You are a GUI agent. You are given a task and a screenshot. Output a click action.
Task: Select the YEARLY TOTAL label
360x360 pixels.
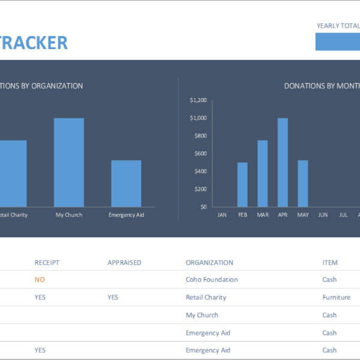[338, 26]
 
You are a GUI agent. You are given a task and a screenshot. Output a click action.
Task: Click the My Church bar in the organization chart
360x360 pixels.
[69, 162]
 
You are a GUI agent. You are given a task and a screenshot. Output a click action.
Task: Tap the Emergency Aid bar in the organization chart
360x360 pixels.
[126, 183]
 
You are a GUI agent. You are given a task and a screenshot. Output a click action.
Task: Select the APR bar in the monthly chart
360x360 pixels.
[283, 162]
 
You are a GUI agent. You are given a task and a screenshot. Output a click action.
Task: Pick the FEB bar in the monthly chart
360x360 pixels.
[242, 184]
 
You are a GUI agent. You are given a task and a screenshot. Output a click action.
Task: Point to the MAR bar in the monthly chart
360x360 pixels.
[262, 173]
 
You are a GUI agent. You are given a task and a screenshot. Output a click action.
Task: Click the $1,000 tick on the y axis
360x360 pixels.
[198, 118]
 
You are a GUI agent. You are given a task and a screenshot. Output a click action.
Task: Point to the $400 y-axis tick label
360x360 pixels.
[199, 171]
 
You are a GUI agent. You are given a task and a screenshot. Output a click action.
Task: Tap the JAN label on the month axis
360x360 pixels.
[222, 214]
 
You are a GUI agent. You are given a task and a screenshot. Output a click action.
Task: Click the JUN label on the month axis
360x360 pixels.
[323, 214]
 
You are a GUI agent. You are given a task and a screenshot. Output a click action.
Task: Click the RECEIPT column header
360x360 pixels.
[47, 262]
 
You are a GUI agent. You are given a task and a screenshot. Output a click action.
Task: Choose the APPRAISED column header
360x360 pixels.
[124, 262]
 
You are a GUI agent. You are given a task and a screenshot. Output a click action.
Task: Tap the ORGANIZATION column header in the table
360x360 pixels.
[209, 262]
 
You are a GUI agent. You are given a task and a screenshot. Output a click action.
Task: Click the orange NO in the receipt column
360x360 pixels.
[40, 280]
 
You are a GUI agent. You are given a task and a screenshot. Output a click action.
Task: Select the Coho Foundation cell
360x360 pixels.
[212, 280]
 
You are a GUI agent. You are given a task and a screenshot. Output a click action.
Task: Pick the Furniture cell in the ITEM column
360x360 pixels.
[337, 297]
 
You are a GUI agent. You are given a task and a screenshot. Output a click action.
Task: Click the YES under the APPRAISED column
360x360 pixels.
[113, 297]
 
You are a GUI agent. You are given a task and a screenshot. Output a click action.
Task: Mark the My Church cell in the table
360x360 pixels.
[202, 315]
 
